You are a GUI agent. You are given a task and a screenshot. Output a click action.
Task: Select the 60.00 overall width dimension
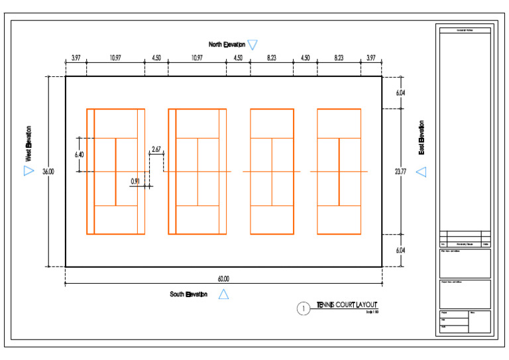(x=223, y=279)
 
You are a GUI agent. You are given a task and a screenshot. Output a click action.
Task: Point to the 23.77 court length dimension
(x=400, y=172)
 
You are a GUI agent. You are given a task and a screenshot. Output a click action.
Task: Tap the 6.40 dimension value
(x=80, y=154)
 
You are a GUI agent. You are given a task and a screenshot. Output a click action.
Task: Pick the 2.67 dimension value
(x=156, y=150)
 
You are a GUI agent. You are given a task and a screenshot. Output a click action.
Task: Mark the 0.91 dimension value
(x=135, y=181)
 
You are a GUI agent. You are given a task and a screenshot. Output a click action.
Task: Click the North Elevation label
(x=227, y=45)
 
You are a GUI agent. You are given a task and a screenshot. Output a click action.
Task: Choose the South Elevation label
(x=188, y=294)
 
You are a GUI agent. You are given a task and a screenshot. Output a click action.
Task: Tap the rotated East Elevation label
(x=422, y=138)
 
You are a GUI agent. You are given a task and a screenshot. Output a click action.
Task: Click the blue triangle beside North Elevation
(x=253, y=45)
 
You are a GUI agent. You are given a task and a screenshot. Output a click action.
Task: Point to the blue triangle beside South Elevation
(x=223, y=295)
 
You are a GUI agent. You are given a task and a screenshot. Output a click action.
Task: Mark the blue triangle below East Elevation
(x=422, y=172)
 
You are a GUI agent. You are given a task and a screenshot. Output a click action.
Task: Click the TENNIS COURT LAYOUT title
(x=347, y=305)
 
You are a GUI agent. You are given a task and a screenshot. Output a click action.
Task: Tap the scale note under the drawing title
(x=371, y=312)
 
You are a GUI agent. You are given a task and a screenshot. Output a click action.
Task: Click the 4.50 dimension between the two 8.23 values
(x=305, y=58)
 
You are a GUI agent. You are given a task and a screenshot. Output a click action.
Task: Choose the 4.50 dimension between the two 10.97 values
(x=156, y=58)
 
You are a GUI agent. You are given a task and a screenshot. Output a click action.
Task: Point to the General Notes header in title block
(x=464, y=30)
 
